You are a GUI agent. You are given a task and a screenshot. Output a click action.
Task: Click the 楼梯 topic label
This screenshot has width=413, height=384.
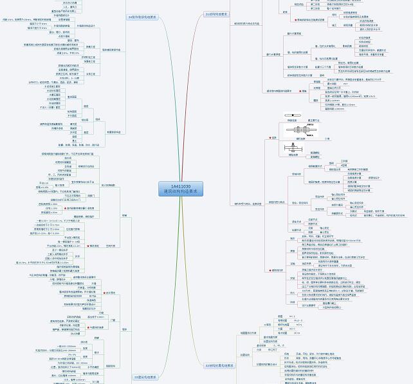pos(124,215)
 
